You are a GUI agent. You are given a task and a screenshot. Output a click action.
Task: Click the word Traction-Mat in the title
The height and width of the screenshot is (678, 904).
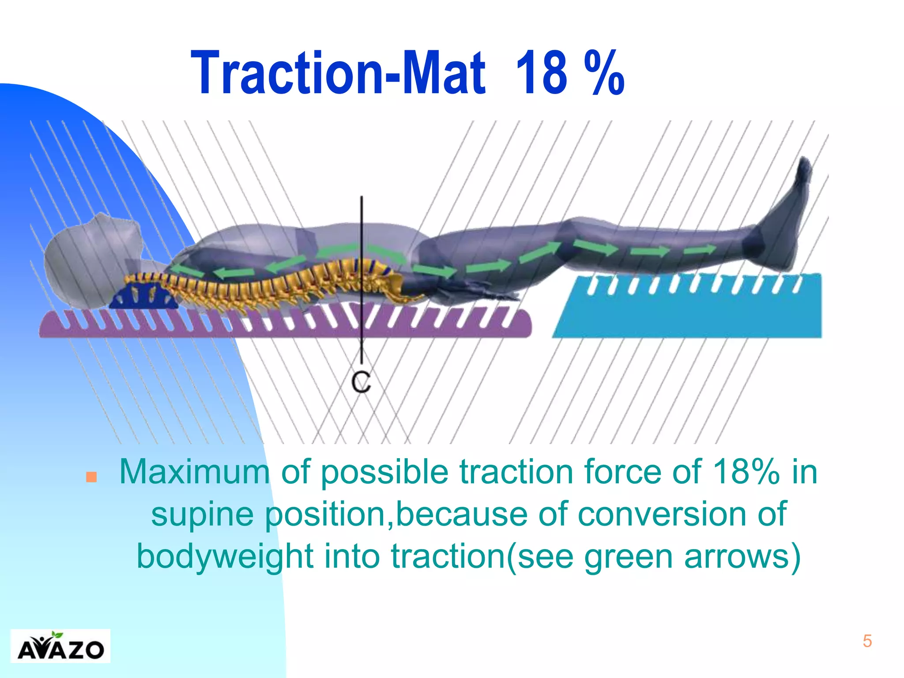click(338, 73)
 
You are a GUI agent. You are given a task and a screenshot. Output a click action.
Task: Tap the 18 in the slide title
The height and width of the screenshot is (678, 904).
click(542, 73)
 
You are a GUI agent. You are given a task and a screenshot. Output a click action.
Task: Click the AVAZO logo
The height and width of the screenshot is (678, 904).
click(60, 646)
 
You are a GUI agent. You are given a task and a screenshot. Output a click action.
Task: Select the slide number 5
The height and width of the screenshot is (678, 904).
click(867, 641)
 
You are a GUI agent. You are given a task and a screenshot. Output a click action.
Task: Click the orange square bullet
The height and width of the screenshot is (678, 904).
click(91, 477)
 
